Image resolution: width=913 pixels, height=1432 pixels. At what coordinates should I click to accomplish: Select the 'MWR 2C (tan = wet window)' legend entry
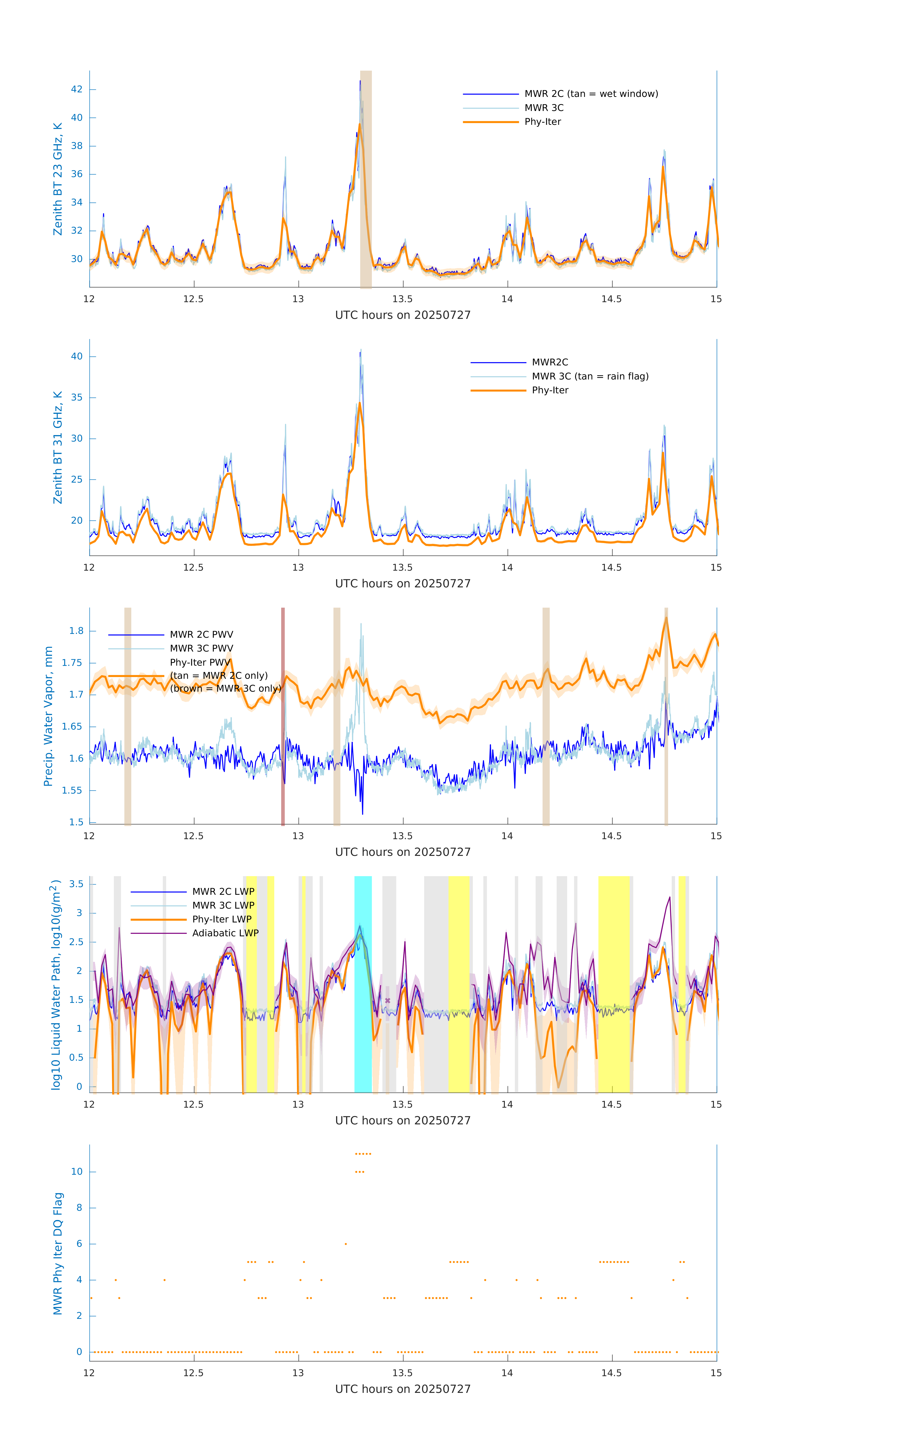pyautogui.click(x=591, y=94)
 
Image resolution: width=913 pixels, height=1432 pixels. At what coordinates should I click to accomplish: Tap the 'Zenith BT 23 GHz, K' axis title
pyautogui.click(x=58, y=179)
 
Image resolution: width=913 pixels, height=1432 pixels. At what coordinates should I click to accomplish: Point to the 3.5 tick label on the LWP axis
pyautogui.click(x=76, y=884)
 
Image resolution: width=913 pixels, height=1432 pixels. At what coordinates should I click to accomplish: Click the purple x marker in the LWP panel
pyautogui.click(x=388, y=1001)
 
